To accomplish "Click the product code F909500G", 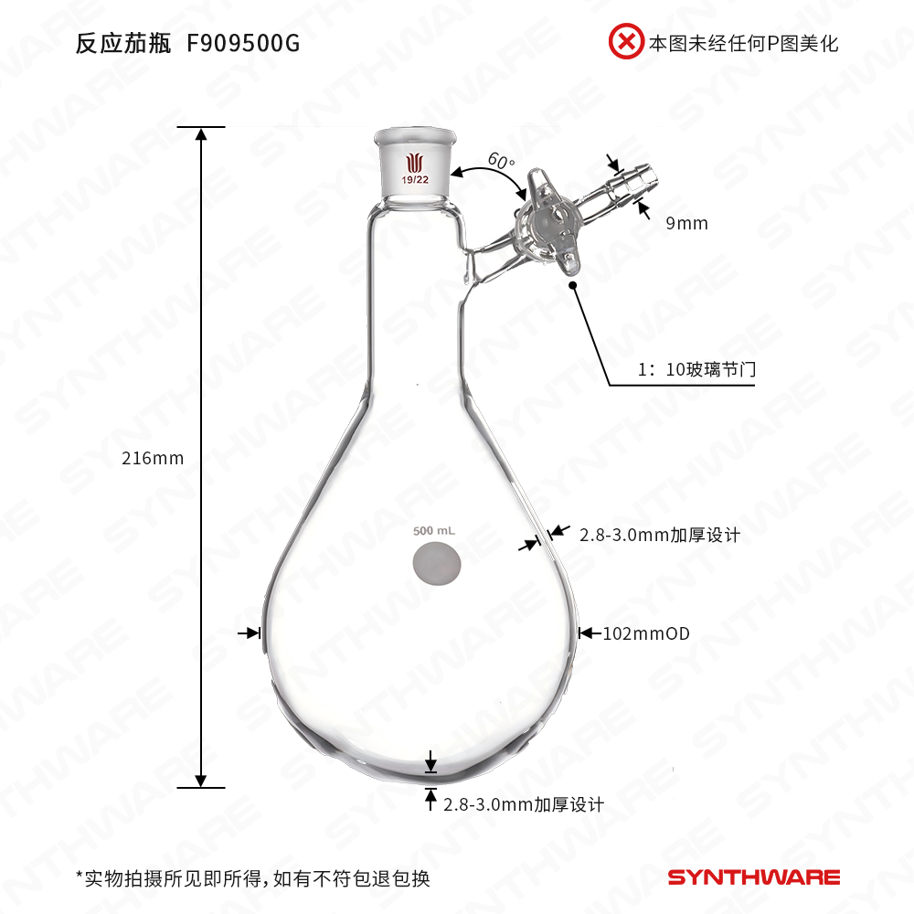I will [242, 43].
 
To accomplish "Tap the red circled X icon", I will [626, 42].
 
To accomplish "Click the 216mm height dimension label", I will [153, 459].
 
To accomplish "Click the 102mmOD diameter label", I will [645, 632].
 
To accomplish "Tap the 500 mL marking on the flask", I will [434, 531].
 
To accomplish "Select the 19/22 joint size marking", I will [416, 180].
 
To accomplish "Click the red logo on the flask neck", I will [416, 161].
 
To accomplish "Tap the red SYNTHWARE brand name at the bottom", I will [753, 878].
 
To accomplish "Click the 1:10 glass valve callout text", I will [696, 370].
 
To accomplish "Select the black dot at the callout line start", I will [574, 285].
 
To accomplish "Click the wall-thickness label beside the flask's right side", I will [659, 536].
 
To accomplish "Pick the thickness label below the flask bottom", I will [524, 805].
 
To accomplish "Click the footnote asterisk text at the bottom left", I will [252, 879].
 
